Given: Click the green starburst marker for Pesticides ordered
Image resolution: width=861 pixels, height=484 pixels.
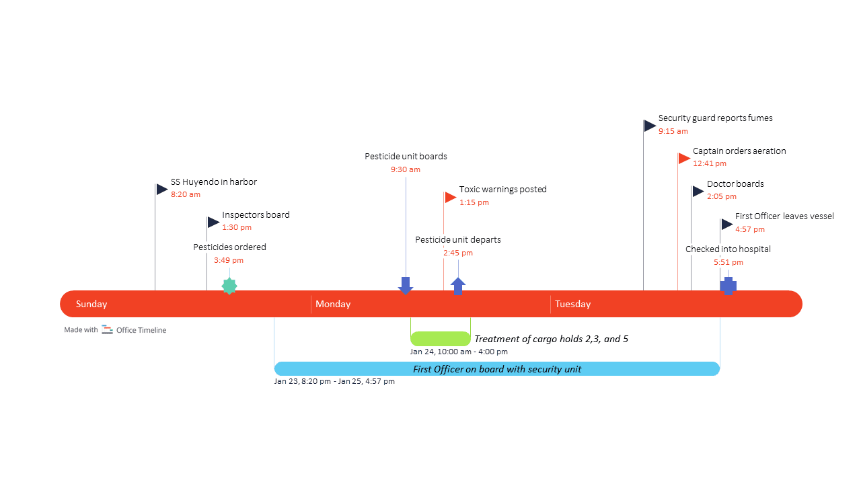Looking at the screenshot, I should tap(229, 286).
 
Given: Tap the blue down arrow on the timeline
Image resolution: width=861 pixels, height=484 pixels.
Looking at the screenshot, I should tap(405, 285).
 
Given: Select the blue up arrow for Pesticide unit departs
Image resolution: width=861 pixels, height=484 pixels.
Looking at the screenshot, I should tap(458, 286).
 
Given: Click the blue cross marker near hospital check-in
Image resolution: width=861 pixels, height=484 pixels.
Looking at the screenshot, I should tap(728, 286).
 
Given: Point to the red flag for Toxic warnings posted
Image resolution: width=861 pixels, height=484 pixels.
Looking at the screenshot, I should tap(451, 197).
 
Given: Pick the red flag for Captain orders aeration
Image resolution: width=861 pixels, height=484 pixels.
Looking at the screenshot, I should tap(684, 159).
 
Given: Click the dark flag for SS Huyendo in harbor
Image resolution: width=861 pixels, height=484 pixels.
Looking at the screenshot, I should tap(161, 190).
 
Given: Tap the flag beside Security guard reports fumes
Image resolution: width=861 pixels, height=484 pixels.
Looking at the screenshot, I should tap(649, 126).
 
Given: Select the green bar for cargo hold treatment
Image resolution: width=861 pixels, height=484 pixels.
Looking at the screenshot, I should tap(440, 339).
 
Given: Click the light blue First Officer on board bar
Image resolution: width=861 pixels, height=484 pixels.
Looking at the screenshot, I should tap(496, 369).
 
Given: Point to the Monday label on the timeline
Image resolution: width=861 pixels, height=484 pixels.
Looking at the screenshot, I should tap(333, 304).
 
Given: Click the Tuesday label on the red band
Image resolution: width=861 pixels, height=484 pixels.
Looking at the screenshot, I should tap(572, 304).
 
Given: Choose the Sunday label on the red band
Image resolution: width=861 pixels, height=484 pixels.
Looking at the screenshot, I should tap(91, 304).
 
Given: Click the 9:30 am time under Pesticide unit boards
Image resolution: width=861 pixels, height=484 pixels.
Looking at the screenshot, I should tap(406, 169).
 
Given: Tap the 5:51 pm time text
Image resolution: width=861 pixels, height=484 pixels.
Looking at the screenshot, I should tap(728, 262).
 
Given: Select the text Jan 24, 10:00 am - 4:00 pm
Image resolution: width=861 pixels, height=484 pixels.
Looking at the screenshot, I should tap(459, 352).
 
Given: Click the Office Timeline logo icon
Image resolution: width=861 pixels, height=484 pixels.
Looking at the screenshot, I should tap(108, 329).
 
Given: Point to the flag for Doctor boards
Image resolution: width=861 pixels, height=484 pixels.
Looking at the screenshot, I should tap(698, 192).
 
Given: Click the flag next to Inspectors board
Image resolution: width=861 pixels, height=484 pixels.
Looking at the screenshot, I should tap(213, 223).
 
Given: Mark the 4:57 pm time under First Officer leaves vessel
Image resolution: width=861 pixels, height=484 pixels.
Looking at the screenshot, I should tap(750, 229).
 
